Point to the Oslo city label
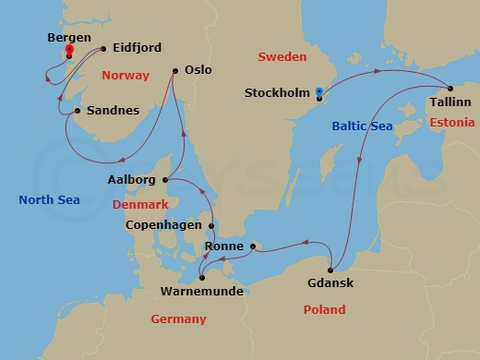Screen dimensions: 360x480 198,69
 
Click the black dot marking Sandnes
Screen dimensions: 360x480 78,112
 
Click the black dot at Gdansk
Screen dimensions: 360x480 330,268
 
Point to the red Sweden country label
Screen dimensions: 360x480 282,57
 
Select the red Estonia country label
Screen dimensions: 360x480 452,123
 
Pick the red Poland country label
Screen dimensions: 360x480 324,310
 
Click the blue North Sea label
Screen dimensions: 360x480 49,200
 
